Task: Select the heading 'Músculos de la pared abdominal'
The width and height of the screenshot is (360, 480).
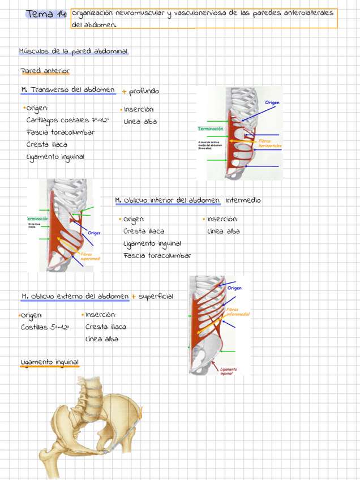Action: (74, 52)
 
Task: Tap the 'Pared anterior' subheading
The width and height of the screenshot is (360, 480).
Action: (45, 71)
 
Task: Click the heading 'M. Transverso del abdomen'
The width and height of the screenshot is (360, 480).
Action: (67, 90)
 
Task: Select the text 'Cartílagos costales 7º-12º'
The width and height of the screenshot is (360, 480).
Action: (67, 120)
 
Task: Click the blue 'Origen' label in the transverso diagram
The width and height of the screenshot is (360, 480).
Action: (272, 103)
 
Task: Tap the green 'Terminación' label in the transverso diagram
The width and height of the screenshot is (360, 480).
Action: (210, 129)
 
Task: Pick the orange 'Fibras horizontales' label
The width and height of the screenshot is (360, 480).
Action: (270, 144)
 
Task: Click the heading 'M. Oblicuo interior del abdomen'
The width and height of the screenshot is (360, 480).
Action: (168, 200)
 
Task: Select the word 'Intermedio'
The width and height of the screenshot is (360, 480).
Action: (243, 200)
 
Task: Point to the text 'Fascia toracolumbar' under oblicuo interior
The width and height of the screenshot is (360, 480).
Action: (157, 255)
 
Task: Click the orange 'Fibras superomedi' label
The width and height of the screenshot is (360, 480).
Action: (90, 256)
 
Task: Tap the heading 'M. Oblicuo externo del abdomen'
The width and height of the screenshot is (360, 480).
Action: (75, 296)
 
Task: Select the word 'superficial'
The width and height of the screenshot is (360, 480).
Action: (156, 296)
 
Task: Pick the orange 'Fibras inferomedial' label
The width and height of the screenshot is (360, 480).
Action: (238, 312)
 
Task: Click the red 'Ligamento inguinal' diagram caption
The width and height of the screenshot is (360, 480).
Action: (229, 371)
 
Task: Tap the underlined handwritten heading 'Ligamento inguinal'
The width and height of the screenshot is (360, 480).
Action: (49, 362)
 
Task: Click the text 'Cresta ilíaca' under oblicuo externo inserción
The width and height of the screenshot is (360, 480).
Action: (106, 327)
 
